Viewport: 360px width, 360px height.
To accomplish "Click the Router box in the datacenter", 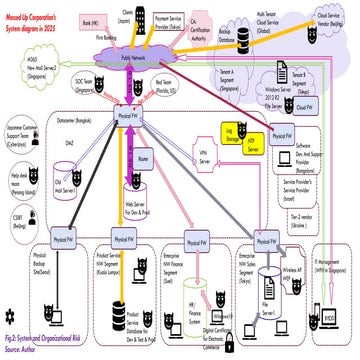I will pos(143,158).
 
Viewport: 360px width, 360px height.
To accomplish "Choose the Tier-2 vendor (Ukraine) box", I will pos(322,220).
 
